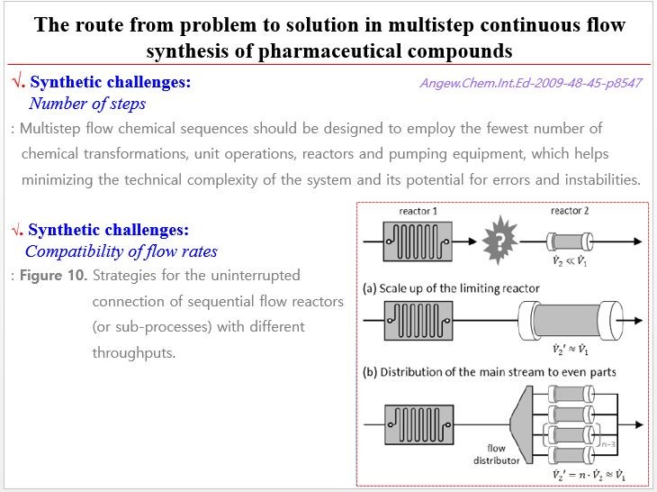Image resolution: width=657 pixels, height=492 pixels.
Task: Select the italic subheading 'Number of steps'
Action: tap(86, 104)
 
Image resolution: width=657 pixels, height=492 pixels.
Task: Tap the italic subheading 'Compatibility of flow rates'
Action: tap(121, 251)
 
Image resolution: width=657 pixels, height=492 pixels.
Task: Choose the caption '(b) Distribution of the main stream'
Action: tap(489, 372)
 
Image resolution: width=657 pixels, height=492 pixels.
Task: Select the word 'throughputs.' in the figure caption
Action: tap(133, 352)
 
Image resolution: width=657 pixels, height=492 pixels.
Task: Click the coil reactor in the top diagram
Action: tap(418, 241)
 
